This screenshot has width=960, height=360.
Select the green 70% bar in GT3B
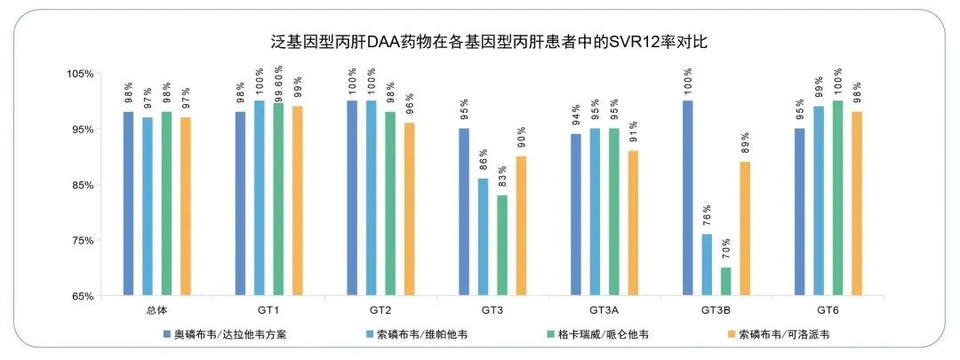point(726,281)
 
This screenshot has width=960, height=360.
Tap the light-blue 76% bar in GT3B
point(707,264)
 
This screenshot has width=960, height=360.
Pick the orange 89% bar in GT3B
point(745,228)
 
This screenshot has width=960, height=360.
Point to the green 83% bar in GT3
point(502,245)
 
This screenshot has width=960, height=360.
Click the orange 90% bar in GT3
point(522,226)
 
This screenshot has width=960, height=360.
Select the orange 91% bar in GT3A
point(633,223)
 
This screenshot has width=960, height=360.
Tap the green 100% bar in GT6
point(837,197)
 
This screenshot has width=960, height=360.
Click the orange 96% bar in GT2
point(409,209)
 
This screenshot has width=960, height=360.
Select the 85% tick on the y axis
point(82,185)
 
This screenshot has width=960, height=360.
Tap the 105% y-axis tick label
point(80,74)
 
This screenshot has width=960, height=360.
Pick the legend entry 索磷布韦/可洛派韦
point(785,335)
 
